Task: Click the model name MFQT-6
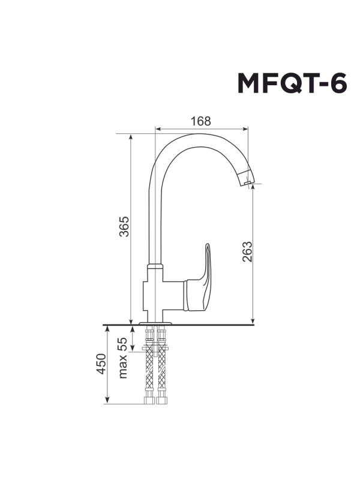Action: tap(292, 84)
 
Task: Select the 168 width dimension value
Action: tap(201, 121)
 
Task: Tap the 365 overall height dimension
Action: tap(124, 226)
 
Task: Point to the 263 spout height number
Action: tap(247, 251)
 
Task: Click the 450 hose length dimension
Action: tap(101, 364)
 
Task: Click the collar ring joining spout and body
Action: tap(155, 266)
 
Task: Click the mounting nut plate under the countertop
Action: tap(155, 349)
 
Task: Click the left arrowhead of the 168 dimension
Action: tap(158, 128)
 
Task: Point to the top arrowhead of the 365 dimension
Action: tap(130, 137)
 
